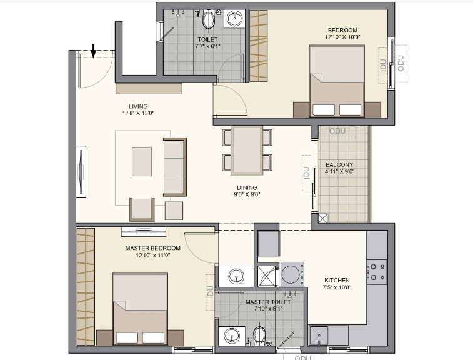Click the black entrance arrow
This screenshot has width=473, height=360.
tap(93, 50)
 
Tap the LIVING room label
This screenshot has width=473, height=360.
tap(138, 106)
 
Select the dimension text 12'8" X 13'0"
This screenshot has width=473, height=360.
tap(138, 113)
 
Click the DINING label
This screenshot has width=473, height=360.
tap(247, 187)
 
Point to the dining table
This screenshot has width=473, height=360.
tap(247, 151)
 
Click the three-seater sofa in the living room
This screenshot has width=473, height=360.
tap(174, 167)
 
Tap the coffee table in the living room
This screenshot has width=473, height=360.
tap(142, 161)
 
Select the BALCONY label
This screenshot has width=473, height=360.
tap(339, 165)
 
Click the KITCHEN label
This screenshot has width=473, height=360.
tap(337, 281)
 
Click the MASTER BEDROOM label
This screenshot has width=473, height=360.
tap(152, 248)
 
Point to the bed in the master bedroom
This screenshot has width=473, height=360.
tap(140, 309)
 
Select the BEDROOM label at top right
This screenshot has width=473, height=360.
tap(342, 30)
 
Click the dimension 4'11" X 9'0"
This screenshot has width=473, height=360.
tap(339, 172)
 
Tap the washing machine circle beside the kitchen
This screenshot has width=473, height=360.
tap(291, 274)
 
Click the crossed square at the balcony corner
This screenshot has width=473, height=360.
tap(322, 219)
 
